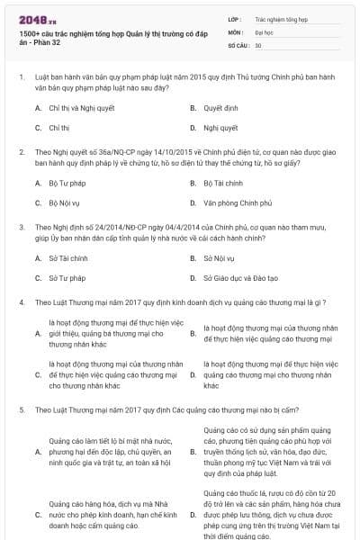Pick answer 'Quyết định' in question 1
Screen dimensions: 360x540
(220, 107)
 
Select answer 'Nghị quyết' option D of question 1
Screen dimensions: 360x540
(220, 128)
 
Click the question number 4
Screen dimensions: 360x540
(22, 301)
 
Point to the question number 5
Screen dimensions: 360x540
(22, 409)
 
